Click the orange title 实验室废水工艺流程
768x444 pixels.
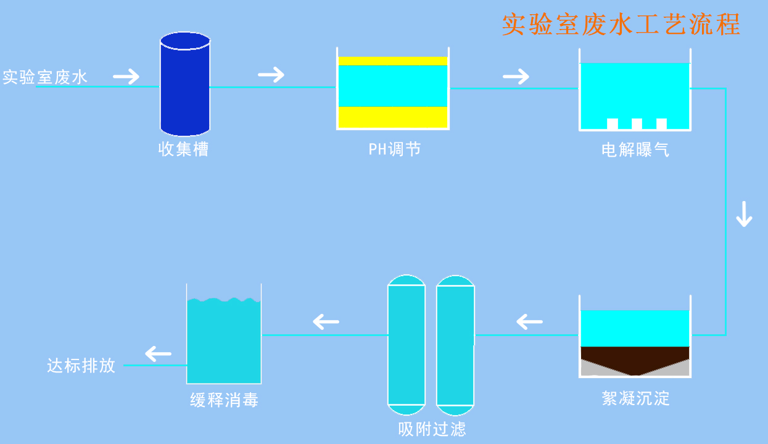(x=621, y=25)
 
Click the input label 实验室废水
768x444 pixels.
(x=45, y=77)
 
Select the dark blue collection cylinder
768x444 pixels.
(x=185, y=84)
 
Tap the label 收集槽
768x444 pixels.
(x=184, y=149)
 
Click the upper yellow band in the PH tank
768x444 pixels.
(x=393, y=60)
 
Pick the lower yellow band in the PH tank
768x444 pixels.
(x=393, y=117)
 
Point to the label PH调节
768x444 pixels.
(x=395, y=149)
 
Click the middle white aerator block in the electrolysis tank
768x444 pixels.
(x=637, y=124)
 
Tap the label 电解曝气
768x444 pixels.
(x=635, y=150)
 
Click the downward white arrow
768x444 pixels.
(x=745, y=213)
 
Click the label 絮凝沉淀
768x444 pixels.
(x=635, y=398)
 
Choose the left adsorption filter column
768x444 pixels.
(x=407, y=345)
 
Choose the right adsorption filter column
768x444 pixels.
(x=455, y=345)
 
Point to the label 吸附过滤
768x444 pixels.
(x=432, y=429)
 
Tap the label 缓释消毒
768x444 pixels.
(x=224, y=401)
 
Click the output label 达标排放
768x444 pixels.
(x=81, y=366)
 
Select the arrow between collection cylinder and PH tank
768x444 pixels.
(x=271, y=75)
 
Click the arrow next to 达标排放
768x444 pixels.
(x=158, y=354)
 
